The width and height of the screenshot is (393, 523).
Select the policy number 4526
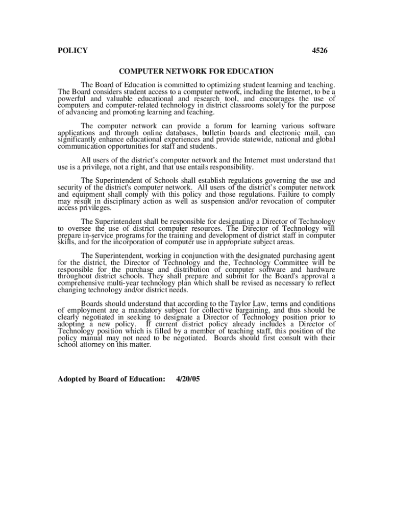click(320, 51)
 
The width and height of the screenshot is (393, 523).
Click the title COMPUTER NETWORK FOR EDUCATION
click(196, 72)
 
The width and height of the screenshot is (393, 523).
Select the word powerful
click(72, 99)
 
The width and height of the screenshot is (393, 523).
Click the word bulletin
click(215, 133)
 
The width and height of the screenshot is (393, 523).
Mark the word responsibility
click(228, 167)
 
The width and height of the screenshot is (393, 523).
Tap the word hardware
click(321, 270)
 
